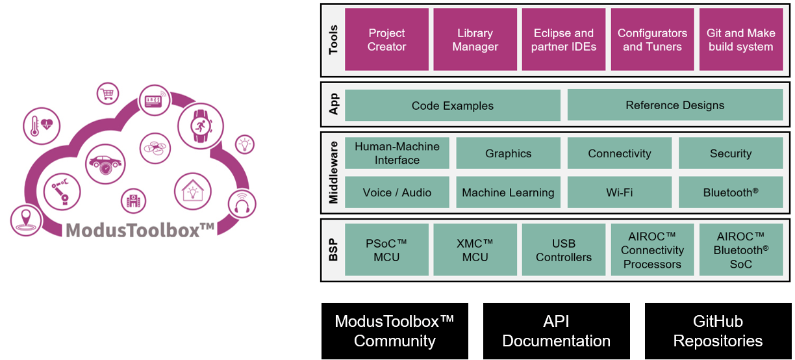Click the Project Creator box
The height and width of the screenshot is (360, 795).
(386, 40)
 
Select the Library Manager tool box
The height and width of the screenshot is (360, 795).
(475, 40)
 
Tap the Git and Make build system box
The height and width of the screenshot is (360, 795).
(740, 40)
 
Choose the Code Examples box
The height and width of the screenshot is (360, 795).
(452, 105)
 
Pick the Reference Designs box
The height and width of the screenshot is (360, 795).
(675, 105)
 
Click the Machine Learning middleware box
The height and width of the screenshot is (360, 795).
(508, 192)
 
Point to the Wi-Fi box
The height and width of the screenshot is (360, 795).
(619, 192)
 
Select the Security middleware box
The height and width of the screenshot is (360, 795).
(730, 153)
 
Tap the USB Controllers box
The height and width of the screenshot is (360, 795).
(563, 250)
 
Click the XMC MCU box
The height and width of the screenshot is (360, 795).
(475, 250)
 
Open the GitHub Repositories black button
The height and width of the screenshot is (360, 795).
(718, 331)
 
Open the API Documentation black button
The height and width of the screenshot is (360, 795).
(556, 331)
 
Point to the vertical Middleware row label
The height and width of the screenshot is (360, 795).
(334, 173)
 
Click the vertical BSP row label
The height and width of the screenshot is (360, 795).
(334, 250)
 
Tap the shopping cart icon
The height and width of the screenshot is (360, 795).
(108, 94)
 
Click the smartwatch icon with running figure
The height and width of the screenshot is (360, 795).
(199, 123)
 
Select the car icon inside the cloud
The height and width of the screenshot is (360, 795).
(104, 162)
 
